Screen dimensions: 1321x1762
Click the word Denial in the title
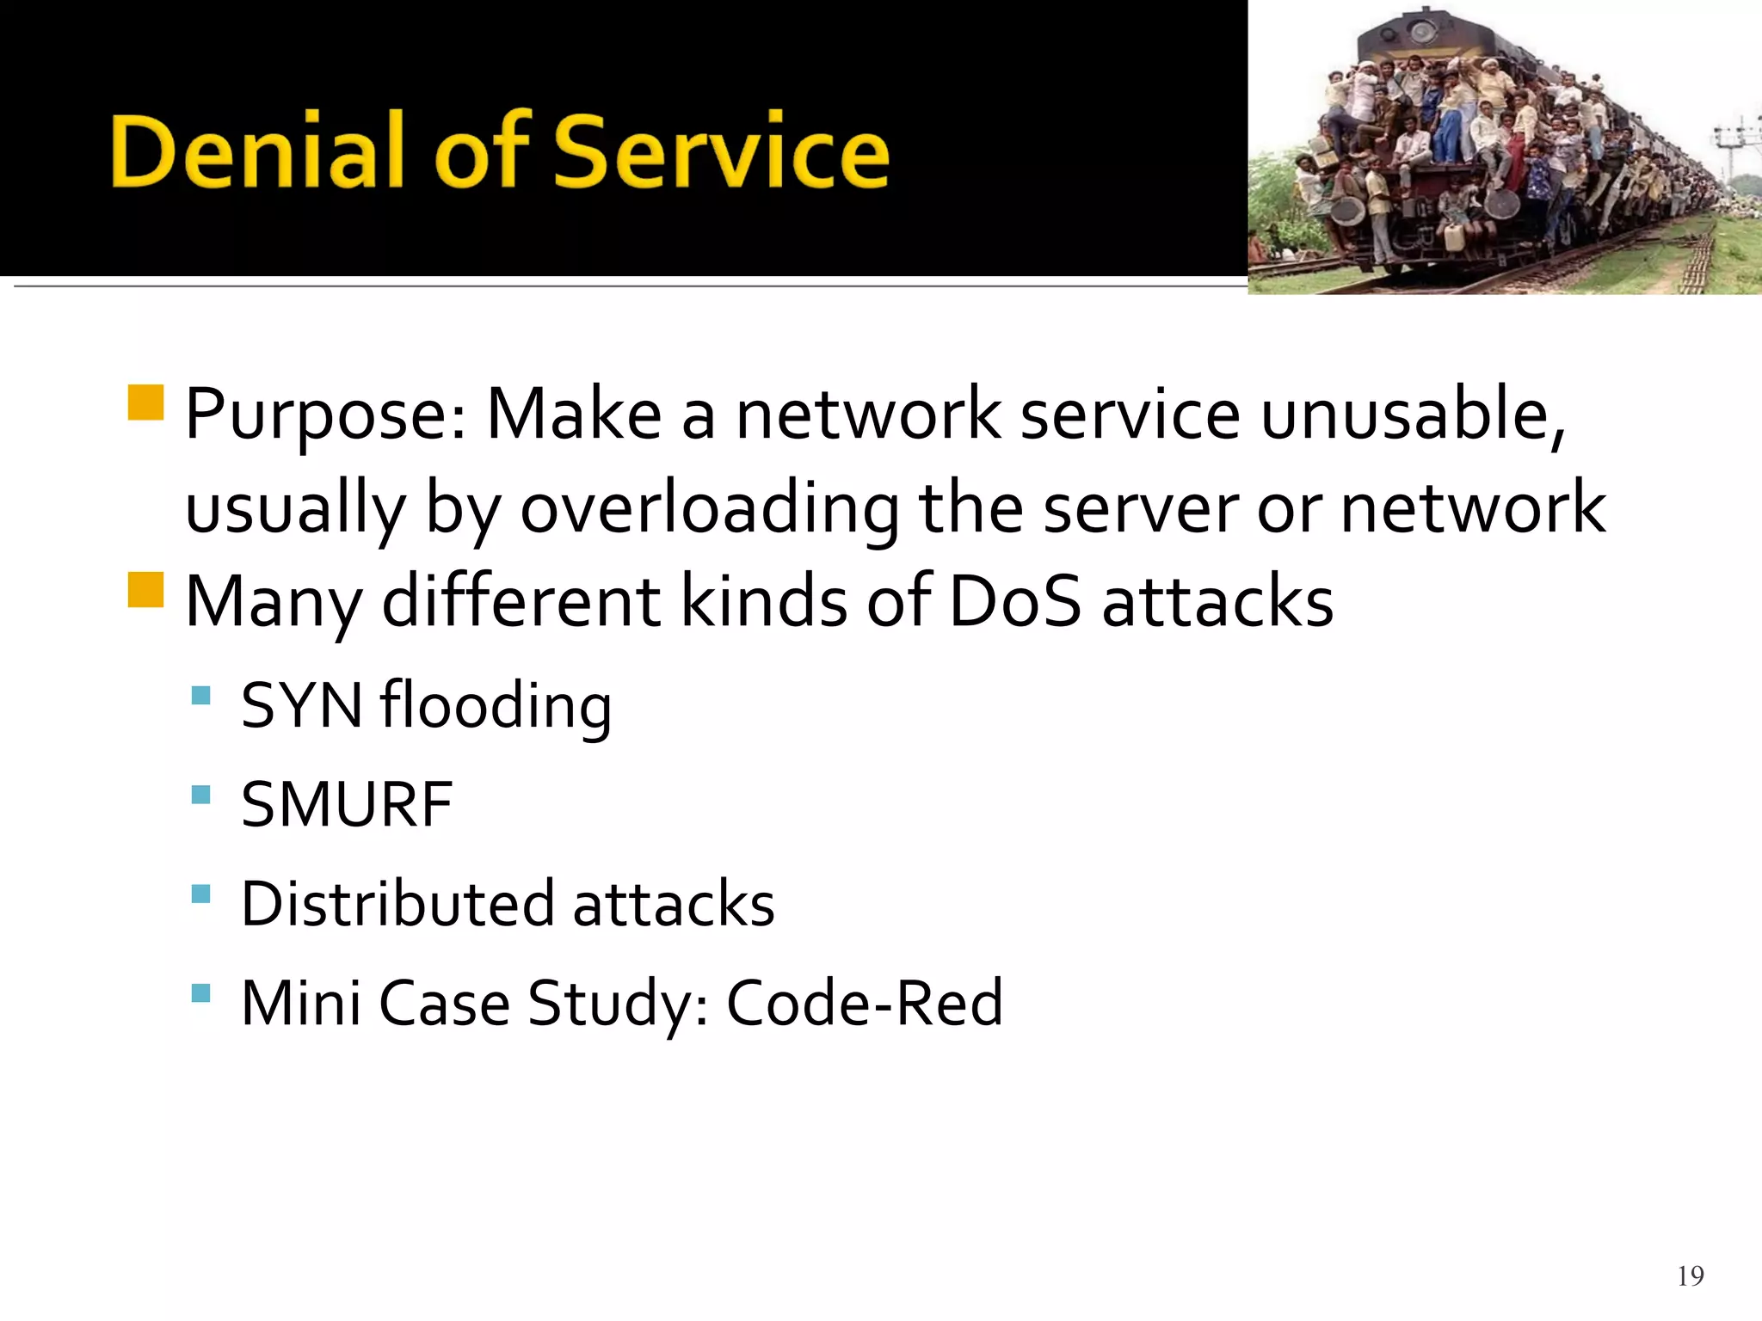tap(244, 153)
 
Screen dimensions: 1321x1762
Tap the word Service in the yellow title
tap(721, 153)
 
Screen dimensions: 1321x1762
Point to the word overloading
tap(709, 509)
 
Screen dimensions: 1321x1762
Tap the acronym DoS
tap(1013, 601)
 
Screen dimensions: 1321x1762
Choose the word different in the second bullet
tap(521, 601)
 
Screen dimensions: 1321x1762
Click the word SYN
tap(301, 706)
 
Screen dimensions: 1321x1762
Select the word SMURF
tap(347, 806)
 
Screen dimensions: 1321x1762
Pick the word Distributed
tap(397, 905)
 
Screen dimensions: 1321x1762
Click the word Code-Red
tap(865, 1004)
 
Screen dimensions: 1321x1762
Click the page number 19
tap(1690, 1275)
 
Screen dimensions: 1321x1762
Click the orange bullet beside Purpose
tap(145, 402)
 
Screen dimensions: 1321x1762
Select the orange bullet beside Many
tap(145, 590)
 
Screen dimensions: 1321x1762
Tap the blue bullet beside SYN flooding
tap(200, 695)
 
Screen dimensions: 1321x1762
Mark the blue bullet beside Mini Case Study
tap(200, 993)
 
